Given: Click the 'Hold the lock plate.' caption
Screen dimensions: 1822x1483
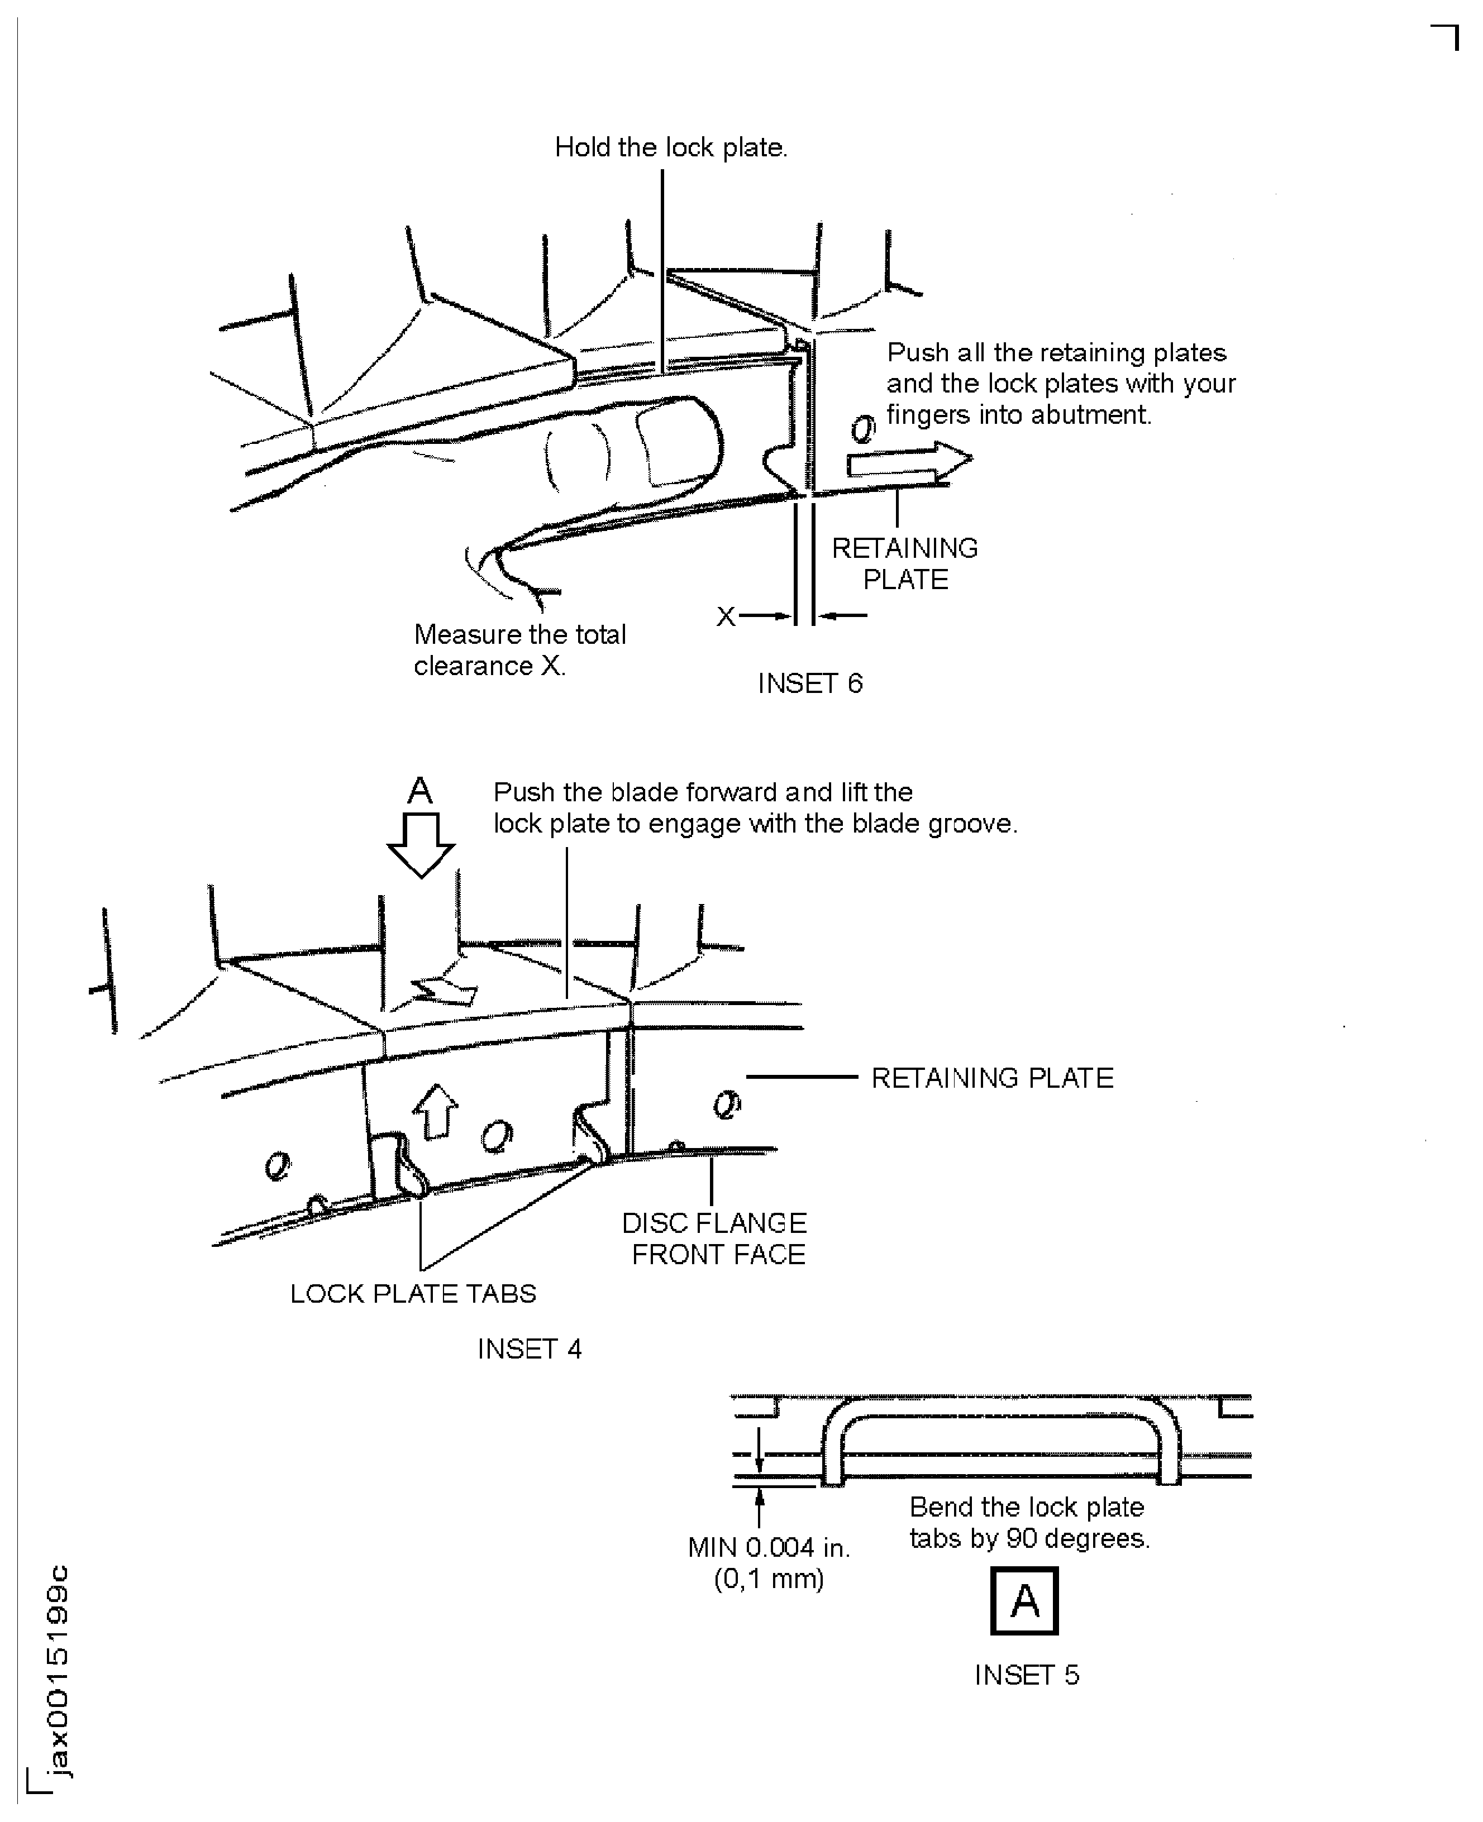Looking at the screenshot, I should (x=671, y=148).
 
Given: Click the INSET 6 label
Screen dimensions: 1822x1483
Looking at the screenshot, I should (x=810, y=683).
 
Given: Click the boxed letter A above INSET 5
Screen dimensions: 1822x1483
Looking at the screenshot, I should (x=1024, y=1601).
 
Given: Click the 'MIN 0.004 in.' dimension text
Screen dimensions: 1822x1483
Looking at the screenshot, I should (x=769, y=1547).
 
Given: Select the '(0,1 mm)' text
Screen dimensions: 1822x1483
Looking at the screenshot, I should (x=769, y=1579).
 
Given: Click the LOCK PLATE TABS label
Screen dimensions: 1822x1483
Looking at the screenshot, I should (x=413, y=1294).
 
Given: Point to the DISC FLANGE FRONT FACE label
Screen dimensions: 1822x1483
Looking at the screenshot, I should (x=715, y=1238).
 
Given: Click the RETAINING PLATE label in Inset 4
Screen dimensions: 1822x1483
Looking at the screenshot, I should (x=992, y=1078).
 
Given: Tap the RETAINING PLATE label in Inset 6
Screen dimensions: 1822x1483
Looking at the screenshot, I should (x=905, y=563).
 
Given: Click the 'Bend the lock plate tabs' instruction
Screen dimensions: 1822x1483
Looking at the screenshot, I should (x=1028, y=1522).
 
